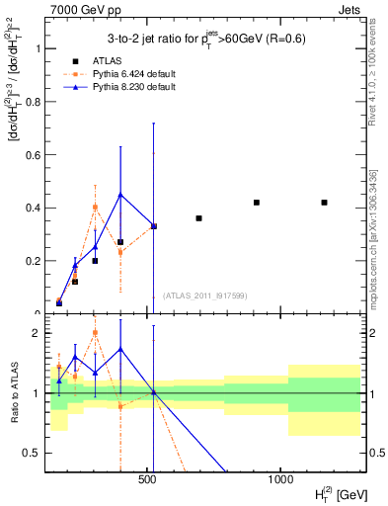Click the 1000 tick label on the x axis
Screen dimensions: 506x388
tap(280, 479)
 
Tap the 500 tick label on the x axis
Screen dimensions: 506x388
tap(148, 479)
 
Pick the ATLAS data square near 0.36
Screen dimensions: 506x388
tap(198, 218)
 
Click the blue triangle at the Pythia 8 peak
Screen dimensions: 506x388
tap(120, 195)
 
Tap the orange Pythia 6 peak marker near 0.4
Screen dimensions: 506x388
tap(95, 208)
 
